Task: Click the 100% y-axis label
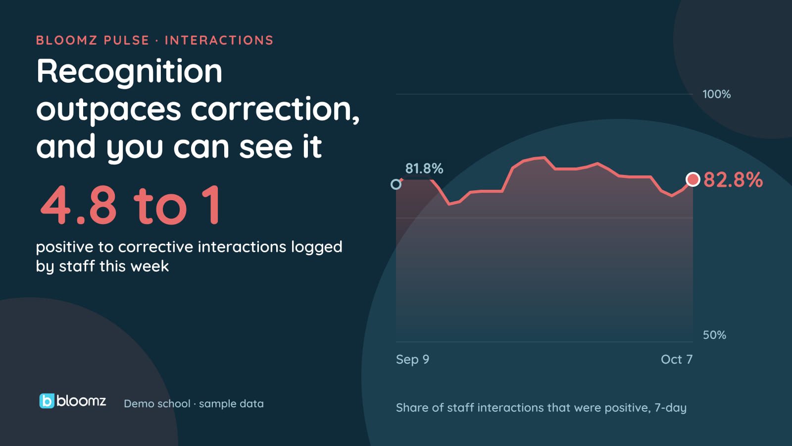click(716, 94)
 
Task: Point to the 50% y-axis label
click(714, 335)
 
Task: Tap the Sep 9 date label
click(412, 360)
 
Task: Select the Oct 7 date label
click(676, 359)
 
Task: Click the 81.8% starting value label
click(424, 168)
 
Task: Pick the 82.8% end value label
click(733, 179)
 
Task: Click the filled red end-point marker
click(693, 179)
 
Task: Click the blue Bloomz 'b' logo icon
click(47, 401)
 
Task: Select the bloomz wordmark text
click(81, 401)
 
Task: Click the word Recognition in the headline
click(129, 72)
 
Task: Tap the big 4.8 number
click(78, 205)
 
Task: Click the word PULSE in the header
click(126, 40)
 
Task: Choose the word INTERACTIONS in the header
click(219, 40)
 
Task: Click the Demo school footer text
click(157, 403)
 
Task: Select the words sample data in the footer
click(231, 403)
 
